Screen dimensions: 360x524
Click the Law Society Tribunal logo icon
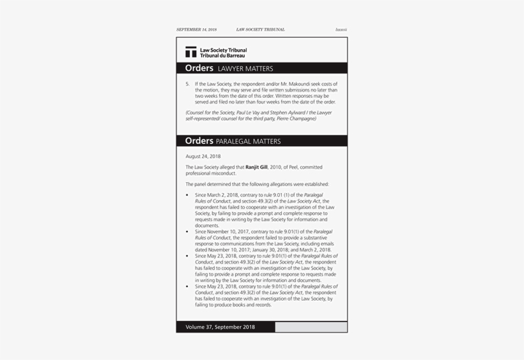[190, 52]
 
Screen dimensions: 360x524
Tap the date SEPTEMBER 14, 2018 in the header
[196, 29]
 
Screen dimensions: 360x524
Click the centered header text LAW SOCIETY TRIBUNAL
[260, 29]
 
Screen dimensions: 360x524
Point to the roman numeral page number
[341, 29]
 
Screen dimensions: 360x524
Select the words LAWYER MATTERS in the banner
[245, 69]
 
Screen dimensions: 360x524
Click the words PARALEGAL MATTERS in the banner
[248, 141]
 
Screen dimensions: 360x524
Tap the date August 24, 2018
[203, 156]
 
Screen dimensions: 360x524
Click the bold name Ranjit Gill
[257, 168]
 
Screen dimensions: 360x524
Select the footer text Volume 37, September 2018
[220, 327]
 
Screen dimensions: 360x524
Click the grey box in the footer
[311, 327]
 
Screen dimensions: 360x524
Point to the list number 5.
[187, 84]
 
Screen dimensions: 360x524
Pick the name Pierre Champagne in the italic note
[296, 118]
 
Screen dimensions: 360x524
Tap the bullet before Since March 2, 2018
[187, 194]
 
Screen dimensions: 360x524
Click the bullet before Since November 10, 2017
[187, 231]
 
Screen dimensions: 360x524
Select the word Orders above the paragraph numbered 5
[199, 68]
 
